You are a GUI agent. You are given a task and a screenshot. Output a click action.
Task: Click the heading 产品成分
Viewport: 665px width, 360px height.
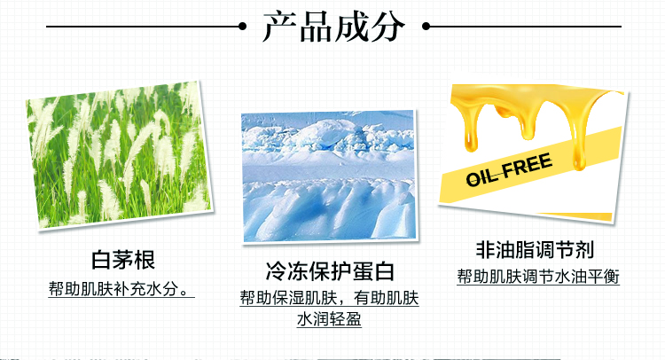tap(333, 27)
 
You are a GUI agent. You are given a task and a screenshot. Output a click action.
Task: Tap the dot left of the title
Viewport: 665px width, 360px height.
tap(243, 27)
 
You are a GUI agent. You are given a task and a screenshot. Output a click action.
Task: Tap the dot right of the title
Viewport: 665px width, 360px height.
tap(426, 27)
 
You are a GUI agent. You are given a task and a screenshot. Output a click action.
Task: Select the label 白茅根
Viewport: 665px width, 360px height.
tap(123, 260)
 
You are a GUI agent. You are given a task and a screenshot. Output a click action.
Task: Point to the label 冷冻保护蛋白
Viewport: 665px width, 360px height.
tap(330, 271)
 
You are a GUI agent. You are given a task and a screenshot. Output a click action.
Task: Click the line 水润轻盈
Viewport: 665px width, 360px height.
tap(329, 319)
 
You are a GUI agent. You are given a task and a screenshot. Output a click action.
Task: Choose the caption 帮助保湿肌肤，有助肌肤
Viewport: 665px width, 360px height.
tap(329, 298)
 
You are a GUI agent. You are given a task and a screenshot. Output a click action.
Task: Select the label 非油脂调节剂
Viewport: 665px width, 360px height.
tap(535, 249)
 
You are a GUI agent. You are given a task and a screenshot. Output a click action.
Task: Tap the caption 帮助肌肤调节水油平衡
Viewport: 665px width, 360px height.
tap(538, 277)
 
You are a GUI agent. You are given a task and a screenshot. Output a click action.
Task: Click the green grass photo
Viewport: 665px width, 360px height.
tap(118, 154)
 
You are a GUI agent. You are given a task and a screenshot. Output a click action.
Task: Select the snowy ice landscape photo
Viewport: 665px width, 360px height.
tap(329, 176)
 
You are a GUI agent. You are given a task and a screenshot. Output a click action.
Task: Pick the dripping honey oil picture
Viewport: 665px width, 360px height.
tap(534, 153)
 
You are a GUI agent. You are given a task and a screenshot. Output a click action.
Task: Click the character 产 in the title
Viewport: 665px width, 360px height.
tap(280, 27)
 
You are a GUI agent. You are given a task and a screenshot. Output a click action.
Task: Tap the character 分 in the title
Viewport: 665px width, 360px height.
tap(387, 27)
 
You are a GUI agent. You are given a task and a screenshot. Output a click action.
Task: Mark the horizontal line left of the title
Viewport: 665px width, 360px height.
tap(143, 27)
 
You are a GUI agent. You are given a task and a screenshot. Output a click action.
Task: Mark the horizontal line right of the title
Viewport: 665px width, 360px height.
tap(526, 27)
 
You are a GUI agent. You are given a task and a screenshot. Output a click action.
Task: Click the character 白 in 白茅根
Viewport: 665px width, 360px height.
tap(102, 260)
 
